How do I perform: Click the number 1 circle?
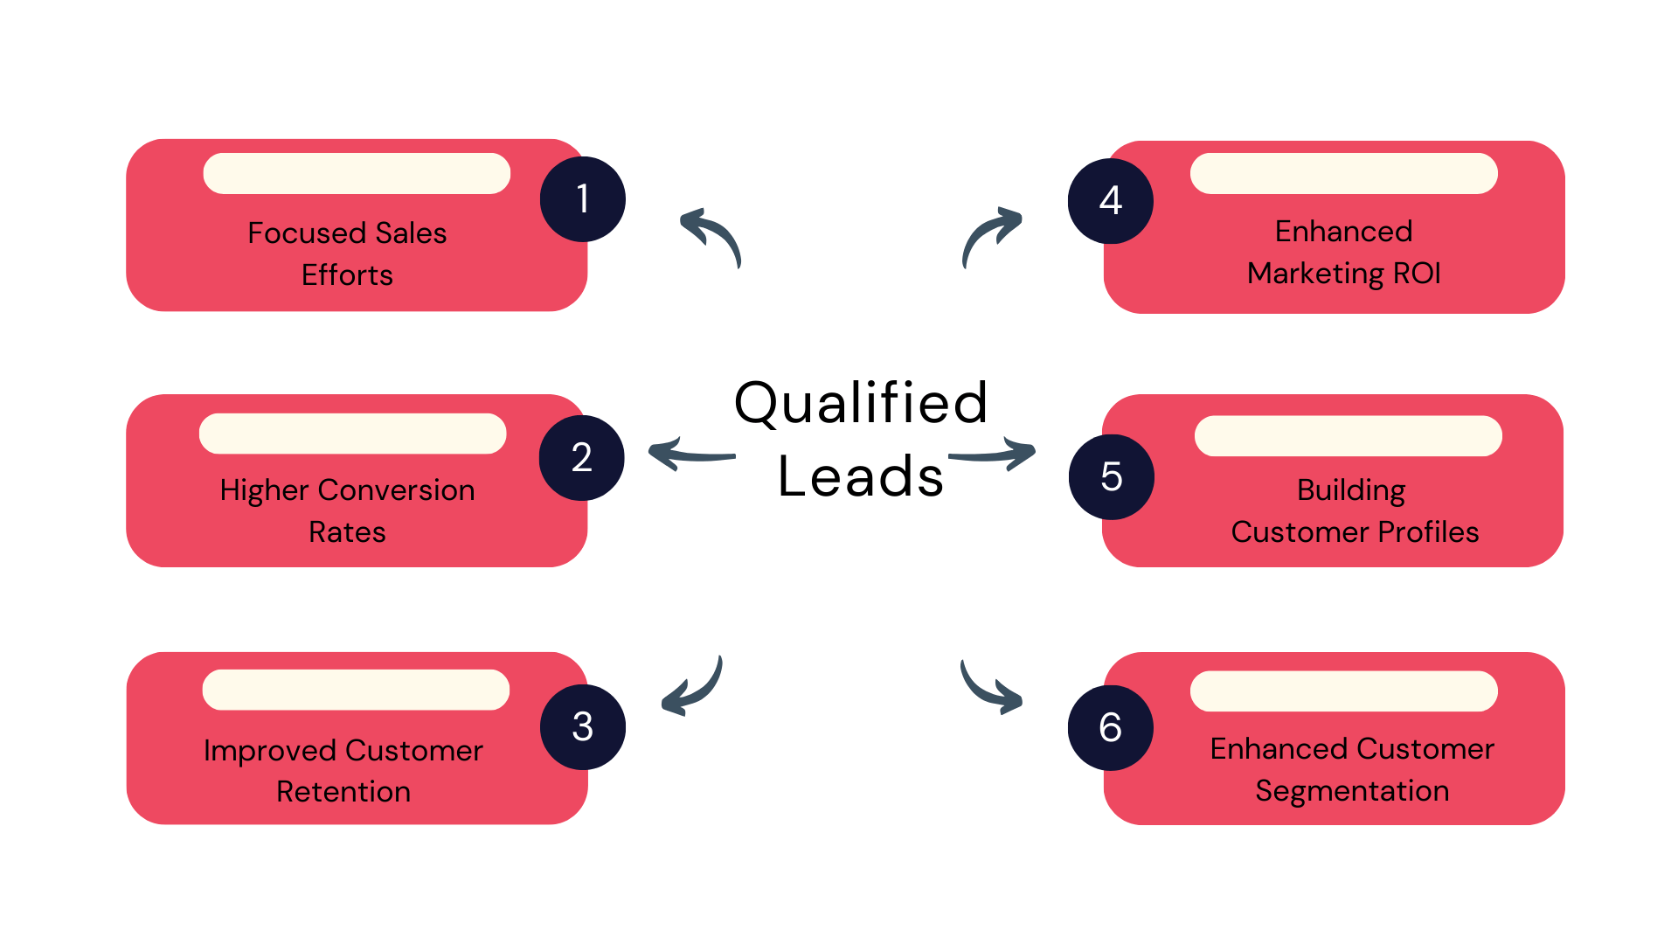[583, 199]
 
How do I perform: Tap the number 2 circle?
[582, 458]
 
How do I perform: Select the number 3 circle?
[583, 727]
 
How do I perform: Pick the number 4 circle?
[1111, 201]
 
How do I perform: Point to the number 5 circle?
[1112, 477]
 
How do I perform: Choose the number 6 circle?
[1111, 728]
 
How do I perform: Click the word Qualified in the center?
[861, 404]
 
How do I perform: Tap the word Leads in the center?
[861, 477]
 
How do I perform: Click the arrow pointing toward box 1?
[711, 235]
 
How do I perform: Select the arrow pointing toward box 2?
[690, 455]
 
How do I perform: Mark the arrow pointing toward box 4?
[991, 235]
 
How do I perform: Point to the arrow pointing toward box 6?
[990, 689]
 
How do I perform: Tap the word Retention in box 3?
[343, 792]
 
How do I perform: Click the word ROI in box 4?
[1417, 274]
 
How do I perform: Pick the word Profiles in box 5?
[1428, 532]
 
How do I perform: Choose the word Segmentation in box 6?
[1352, 791]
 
